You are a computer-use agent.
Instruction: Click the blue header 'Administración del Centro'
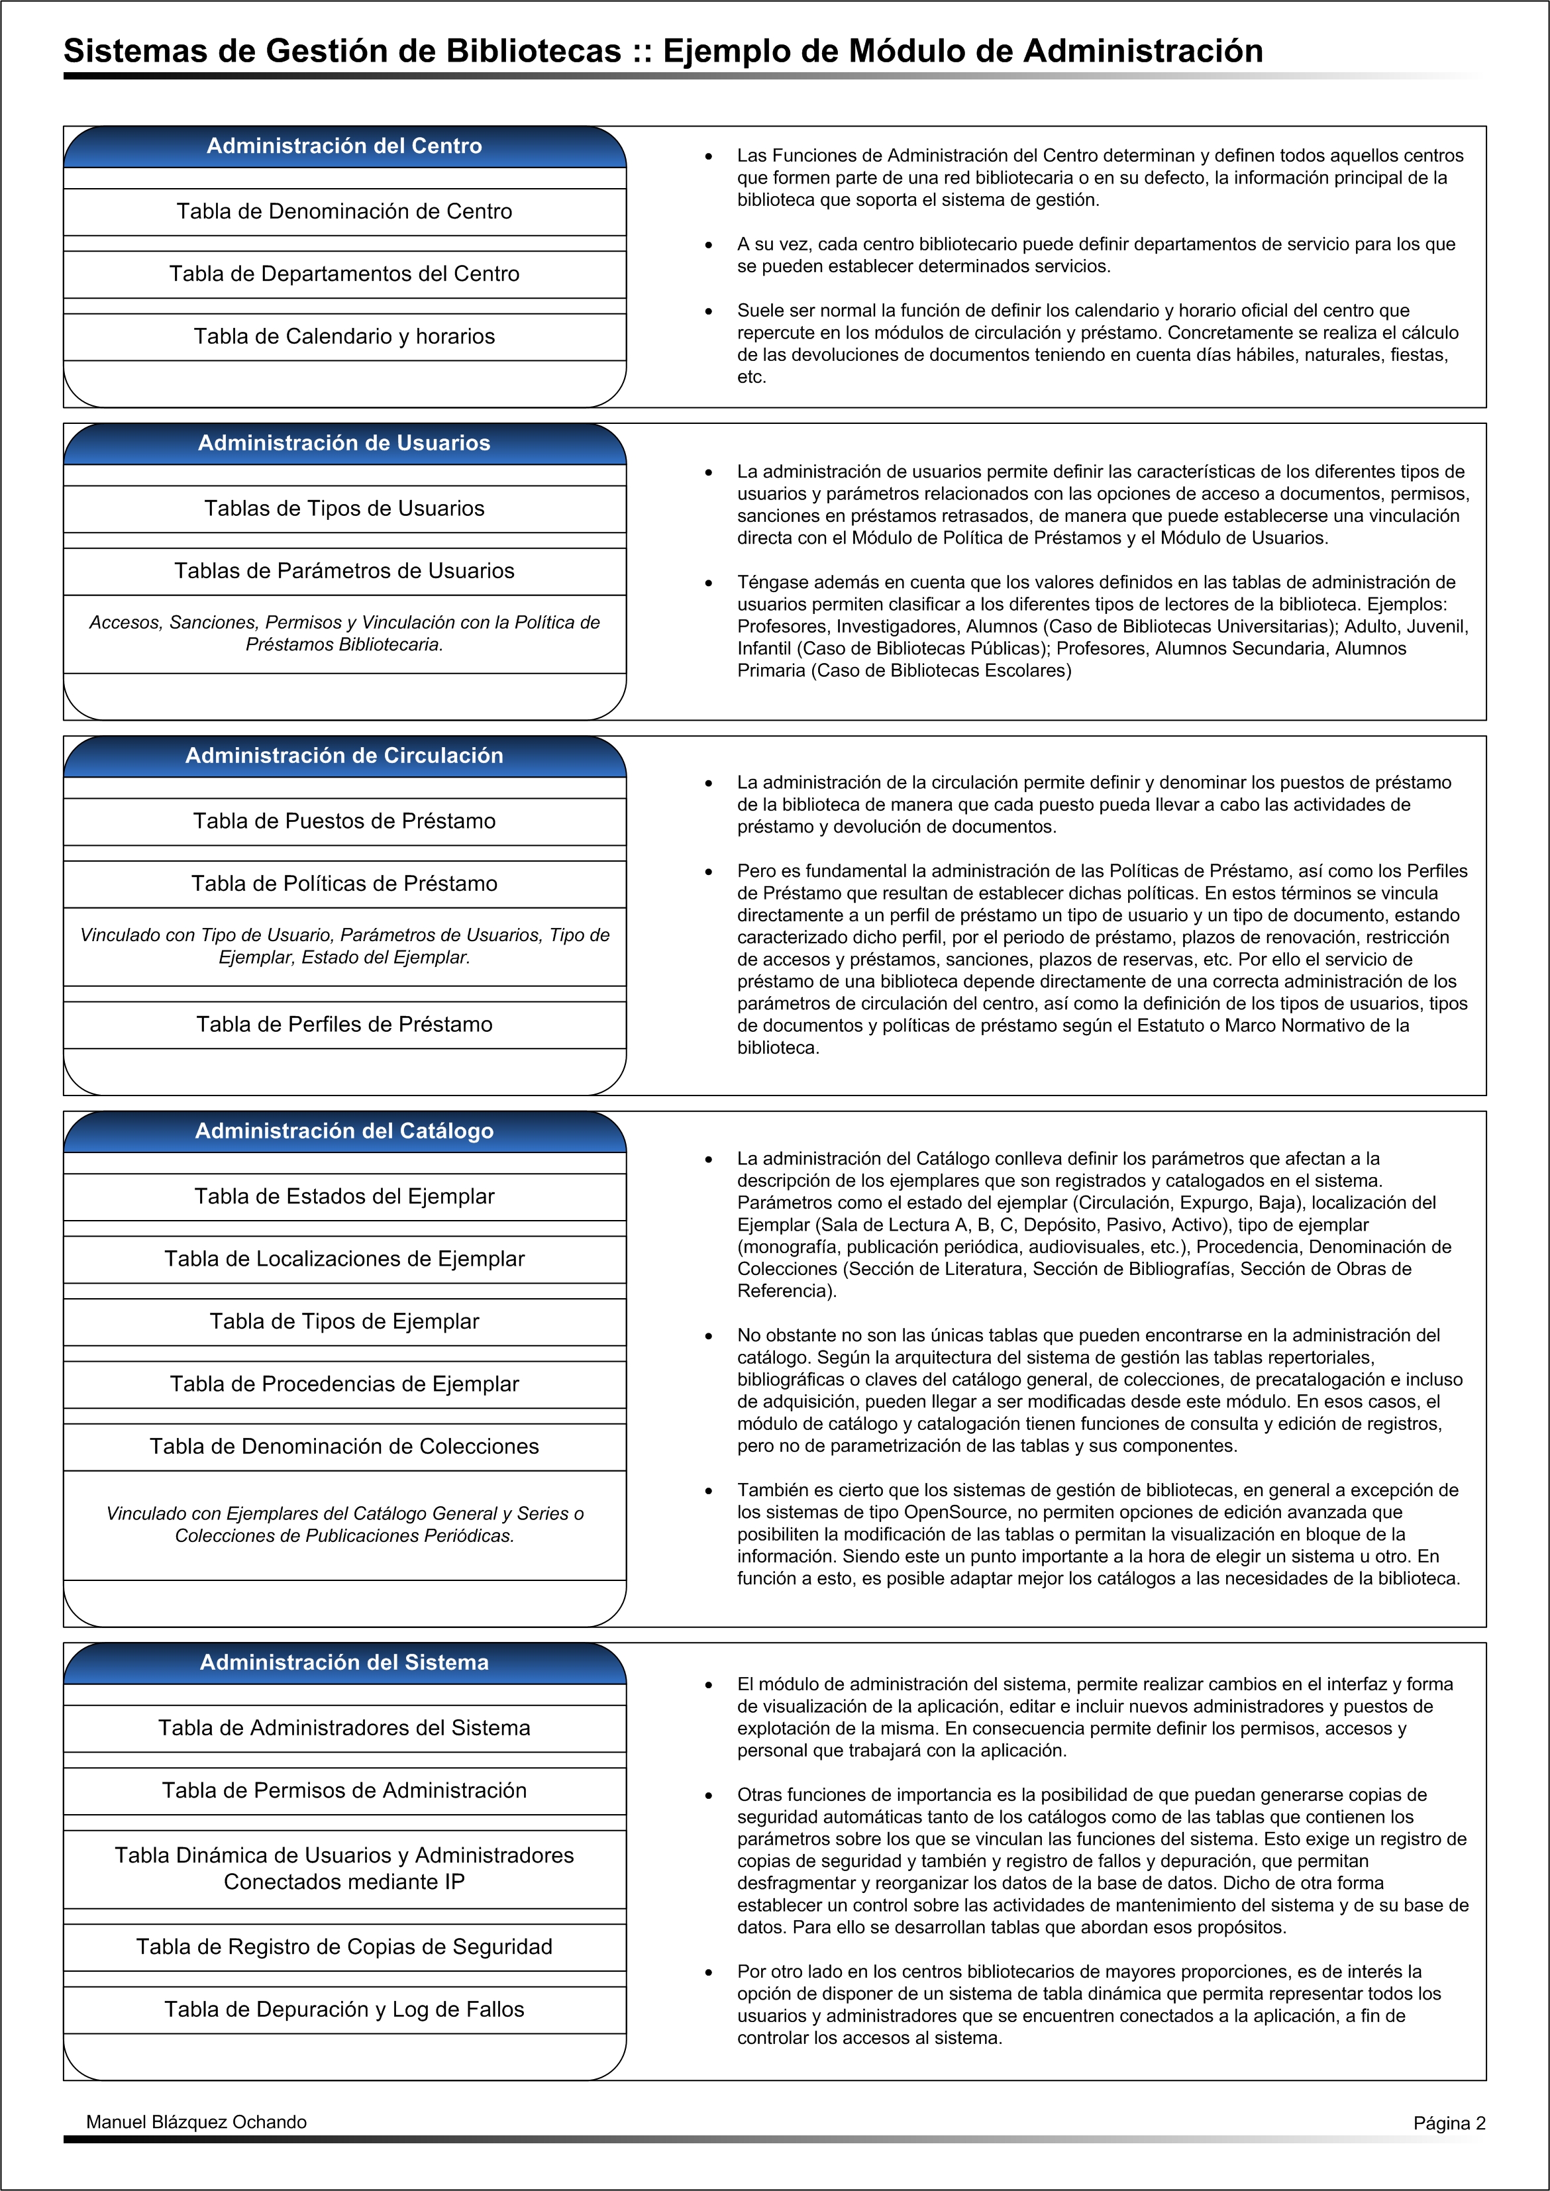(x=344, y=146)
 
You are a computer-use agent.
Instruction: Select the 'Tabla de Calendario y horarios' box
(x=344, y=336)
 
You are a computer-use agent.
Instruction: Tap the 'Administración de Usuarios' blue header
(x=344, y=443)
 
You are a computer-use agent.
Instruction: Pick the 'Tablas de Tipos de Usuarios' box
(x=344, y=509)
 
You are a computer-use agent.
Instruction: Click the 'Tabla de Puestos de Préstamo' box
(x=344, y=821)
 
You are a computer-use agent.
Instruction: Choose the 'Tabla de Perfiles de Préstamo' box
(x=344, y=1024)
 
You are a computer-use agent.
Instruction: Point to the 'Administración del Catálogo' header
(x=344, y=1131)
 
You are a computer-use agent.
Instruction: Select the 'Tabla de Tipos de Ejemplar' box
(x=344, y=1321)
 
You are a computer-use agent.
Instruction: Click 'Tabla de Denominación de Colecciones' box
(x=344, y=1446)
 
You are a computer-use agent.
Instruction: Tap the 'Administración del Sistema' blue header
(x=344, y=1662)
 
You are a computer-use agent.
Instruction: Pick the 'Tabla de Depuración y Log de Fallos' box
(x=344, y=2009)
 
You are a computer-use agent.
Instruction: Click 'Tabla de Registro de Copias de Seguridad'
(x=344, y=1947)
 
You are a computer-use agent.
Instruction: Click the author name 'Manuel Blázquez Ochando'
(x=197, y=2122)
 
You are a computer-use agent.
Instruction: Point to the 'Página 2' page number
(x=1449, y=2123)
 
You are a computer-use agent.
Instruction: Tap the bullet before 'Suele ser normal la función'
(x=708, y=311)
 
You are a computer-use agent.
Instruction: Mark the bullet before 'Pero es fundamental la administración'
(x=708, y=871)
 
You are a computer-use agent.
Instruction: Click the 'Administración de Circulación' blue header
(x=344, y=756)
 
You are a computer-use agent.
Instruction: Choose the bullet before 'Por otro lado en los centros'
(x=708, y=1972)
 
